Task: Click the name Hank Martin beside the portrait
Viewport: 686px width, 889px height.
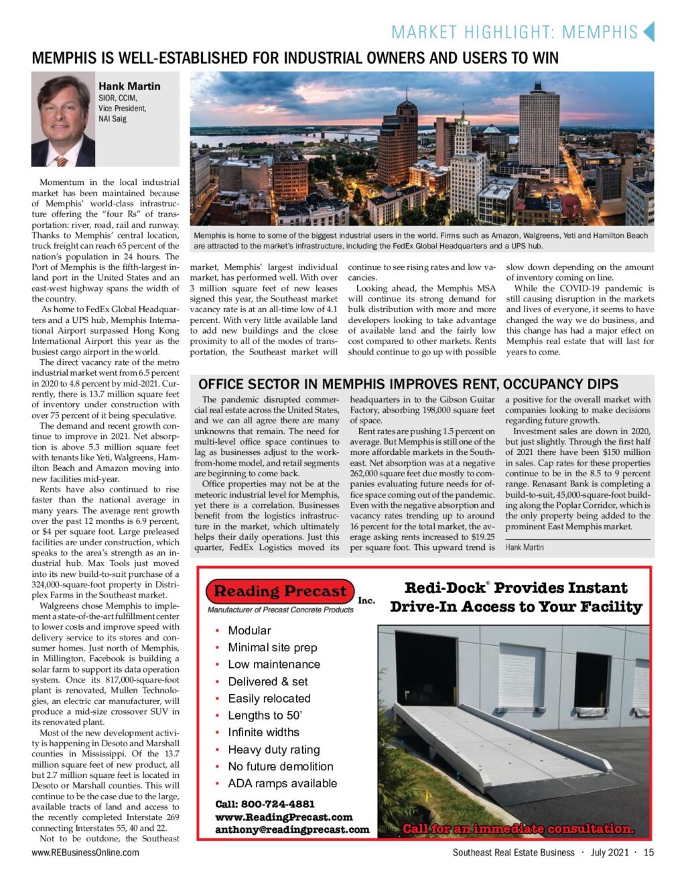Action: (x=129, y=86)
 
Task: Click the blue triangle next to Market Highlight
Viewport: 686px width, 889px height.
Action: (x=648, y=31)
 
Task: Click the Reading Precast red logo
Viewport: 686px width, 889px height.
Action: (x=279, y=592)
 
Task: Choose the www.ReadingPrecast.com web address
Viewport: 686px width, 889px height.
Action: (x=283, y=817)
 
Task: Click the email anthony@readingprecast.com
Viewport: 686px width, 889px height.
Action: (x=292, y=829)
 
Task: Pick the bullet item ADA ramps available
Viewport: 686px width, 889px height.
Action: (x=282, y=783)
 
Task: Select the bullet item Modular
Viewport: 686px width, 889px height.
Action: (x=249, y=630)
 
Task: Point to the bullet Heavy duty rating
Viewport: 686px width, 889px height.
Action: (x=273, y=750)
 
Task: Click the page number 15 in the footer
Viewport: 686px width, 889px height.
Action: (x=648, y=853)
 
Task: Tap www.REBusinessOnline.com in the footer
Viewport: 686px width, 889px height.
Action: (x=85, y=853)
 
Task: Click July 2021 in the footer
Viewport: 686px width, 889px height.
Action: (x=610, y=853)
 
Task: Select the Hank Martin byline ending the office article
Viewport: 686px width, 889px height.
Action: (x=525, y=547)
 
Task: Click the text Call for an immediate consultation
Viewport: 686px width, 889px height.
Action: (x=518, y=829)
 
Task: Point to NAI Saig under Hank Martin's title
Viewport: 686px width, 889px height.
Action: (x=113, y=119)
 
